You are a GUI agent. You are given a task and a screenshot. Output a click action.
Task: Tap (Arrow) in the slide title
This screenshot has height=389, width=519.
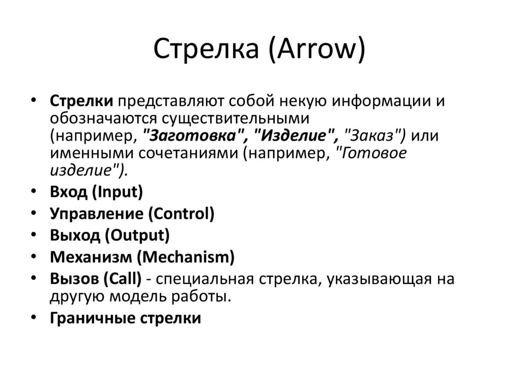pyautogui.click(x=314, y=51)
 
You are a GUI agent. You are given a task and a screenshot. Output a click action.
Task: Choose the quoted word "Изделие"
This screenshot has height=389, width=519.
pyautogui.click(x=296, y=135)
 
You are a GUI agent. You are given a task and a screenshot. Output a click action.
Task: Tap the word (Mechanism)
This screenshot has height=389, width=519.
pyautogui.click(x=186, y=257)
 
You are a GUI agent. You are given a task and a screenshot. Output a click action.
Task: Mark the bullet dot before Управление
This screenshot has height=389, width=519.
pyautogui.click(x=33, y=213)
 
